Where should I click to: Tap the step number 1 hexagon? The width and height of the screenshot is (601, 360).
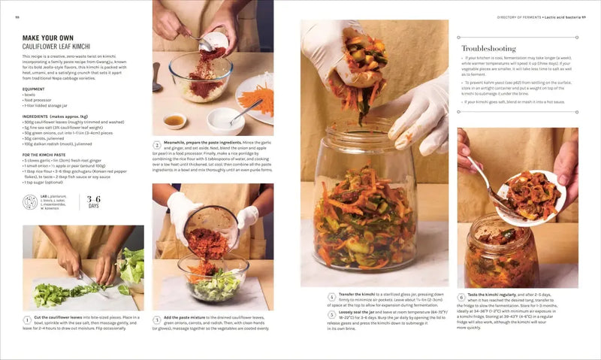coord(27,319)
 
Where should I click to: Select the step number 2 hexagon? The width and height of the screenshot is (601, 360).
coord(157,145)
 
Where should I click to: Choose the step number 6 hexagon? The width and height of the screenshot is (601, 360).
coord(462,297)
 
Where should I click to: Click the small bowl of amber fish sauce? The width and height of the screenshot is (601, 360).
coord(175,120)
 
